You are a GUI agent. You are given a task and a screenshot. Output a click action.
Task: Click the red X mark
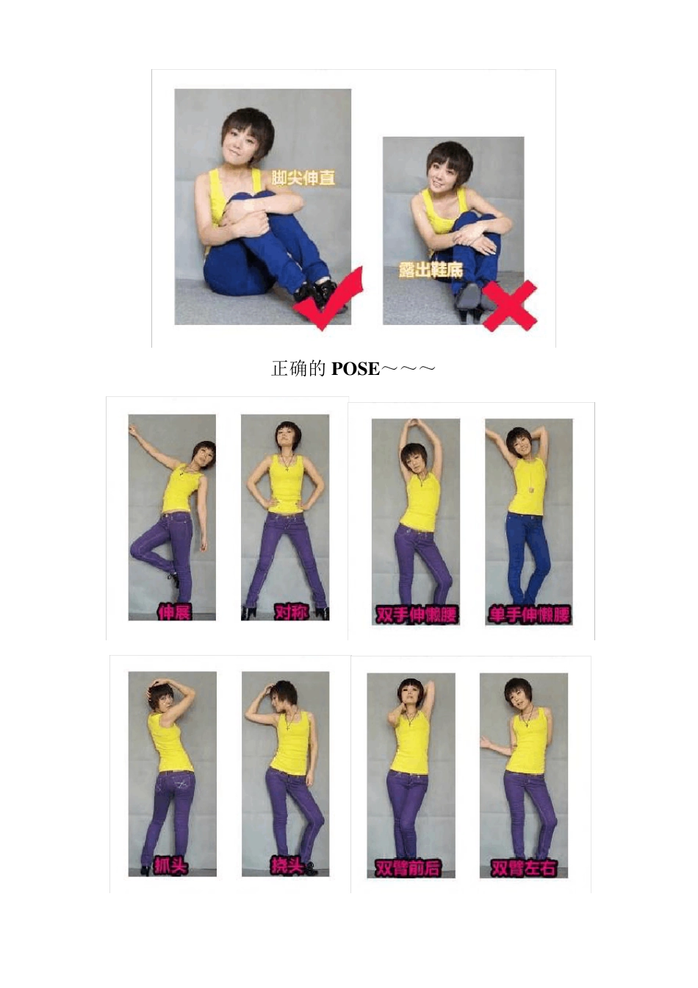pos(510,305)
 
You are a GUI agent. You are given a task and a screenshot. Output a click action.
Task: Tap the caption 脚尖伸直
pos(303,178)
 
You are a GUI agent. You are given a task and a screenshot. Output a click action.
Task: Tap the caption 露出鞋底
pos(431,270)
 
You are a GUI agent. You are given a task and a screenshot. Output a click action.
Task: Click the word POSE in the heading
pos(356,369)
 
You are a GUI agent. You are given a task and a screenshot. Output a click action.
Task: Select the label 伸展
pos(174,612)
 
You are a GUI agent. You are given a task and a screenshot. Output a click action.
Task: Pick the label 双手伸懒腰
pos(417,615)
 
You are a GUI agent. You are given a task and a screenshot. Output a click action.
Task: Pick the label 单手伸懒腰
pos(530,615)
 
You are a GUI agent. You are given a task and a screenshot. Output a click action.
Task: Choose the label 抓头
pos(170,866)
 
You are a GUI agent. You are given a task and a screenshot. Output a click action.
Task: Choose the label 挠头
pos(287,866)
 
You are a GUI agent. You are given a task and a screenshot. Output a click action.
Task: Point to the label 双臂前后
pos(408,868)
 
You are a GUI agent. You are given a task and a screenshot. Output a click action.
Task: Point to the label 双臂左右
pos(523,868)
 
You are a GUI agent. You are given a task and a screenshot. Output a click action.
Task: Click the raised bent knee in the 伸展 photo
pos(139,548)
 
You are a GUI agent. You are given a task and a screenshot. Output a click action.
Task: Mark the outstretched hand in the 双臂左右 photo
pos(485,744)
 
